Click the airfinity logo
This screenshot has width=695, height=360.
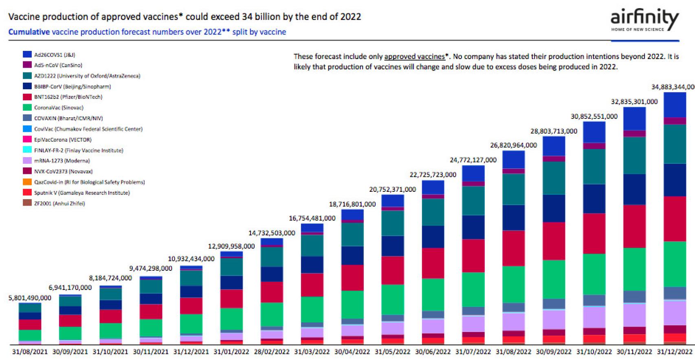[x=644, y=20]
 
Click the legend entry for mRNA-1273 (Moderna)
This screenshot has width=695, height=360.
[x=62, y=161]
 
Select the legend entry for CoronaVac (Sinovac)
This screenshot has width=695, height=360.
[x=58, y=108]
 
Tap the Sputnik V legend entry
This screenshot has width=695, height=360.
[x=81, y=193]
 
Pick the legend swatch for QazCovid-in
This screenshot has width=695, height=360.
[x=27, y=182]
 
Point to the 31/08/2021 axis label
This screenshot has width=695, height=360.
[x=30, y=351]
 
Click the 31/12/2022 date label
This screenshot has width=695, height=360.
[x=675, y=351]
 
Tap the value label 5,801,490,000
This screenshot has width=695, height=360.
[x=30, y=298]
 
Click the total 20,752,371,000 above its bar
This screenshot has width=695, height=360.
[x=392, y=189]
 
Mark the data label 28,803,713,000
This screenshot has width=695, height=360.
[x=554, y=131]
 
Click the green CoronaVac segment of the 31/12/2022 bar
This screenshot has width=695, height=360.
[x=675, y=264]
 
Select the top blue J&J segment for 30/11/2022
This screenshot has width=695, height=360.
[x=634, y=119]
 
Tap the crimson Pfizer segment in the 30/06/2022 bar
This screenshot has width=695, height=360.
[x=433, y=263]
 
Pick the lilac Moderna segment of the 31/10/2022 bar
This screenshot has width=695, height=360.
[x=594, y=317]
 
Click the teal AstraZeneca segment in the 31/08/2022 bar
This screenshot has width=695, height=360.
[x=513, y=189]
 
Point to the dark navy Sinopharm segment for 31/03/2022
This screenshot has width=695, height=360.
[x=312, y=264]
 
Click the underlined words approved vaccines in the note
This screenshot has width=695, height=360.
[x=415, y=57]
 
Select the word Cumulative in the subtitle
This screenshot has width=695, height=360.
[x=29, y=32]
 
